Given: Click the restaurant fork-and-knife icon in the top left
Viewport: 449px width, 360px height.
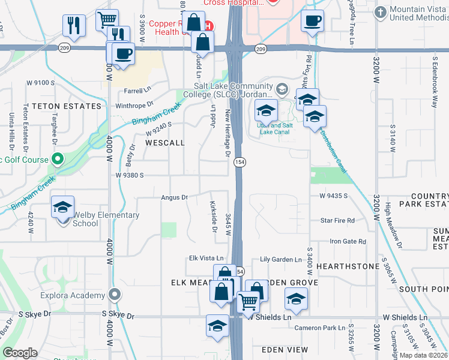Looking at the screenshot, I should coord(74,25).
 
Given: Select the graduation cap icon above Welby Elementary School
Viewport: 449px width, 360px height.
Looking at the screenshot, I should coord(63,208).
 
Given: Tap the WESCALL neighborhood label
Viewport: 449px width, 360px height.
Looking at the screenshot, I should coord(164,143).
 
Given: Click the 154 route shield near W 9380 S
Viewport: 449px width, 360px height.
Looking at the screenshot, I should coord(240,163).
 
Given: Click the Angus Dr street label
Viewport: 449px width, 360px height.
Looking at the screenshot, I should coord(174,197).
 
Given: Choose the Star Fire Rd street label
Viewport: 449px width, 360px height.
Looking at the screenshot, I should coord(337,221).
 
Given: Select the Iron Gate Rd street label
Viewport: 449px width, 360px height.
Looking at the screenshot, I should coord(348,241).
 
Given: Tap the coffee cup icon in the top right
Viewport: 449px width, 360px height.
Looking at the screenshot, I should coord(312,22).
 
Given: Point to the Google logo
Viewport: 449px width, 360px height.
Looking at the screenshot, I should coord(20,353).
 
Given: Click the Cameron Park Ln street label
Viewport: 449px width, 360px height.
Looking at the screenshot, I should coord(320,328).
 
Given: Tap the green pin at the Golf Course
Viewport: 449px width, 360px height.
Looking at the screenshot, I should coord(58,160).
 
